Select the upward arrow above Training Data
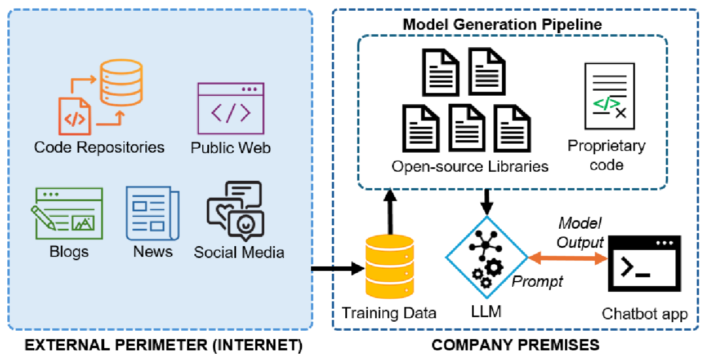(389, 211)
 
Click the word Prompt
(537, 281)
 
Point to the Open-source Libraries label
(470, 166)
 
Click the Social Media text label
(239, 252)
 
